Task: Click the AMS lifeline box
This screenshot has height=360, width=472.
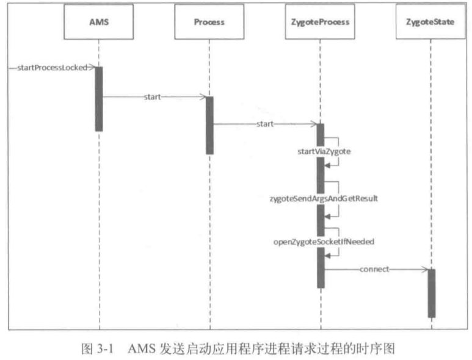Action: [99, 21]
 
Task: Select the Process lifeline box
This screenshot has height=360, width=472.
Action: [209, 21]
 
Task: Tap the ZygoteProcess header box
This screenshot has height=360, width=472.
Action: [320, 21]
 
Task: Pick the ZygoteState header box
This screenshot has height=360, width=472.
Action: [430, 21]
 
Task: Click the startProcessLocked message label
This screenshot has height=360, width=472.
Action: [52, 68]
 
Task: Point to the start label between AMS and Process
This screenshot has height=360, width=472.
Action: [152, 97]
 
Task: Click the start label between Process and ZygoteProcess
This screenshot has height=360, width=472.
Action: [265, 124]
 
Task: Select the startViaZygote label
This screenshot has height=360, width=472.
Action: [324, 151]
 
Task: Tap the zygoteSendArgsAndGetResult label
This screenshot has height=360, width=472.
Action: [324, 198]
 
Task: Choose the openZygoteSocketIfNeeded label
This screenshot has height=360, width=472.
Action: [324, 242]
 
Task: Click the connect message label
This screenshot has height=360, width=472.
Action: [374, 269]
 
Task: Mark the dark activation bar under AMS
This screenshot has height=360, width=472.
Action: [99, 99]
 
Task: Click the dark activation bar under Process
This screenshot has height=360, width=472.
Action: [209, 126]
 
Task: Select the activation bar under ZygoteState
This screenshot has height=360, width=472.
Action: [431, 293]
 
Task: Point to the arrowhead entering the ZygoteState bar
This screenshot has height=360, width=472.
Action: [425, 269]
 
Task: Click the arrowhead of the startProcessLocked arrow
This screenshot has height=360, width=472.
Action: [92, 67]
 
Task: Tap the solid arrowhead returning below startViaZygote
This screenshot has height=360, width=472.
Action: [327, 165]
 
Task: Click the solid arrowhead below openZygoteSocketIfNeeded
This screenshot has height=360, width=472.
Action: [327, 256]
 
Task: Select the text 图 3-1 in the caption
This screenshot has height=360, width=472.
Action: [97, 348]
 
